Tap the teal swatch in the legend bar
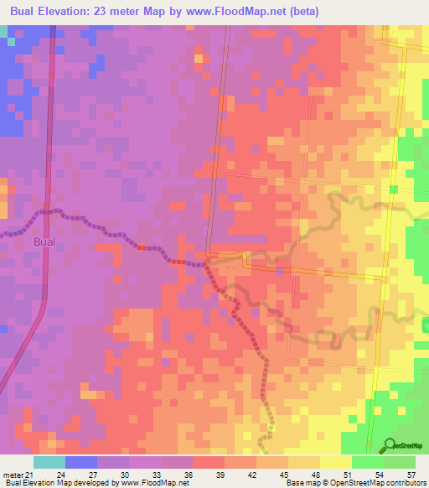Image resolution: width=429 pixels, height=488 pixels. pyautogui.click(x=49, y=462)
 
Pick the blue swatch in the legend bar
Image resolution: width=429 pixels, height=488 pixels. pyautogui.click(x=81, y=462)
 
